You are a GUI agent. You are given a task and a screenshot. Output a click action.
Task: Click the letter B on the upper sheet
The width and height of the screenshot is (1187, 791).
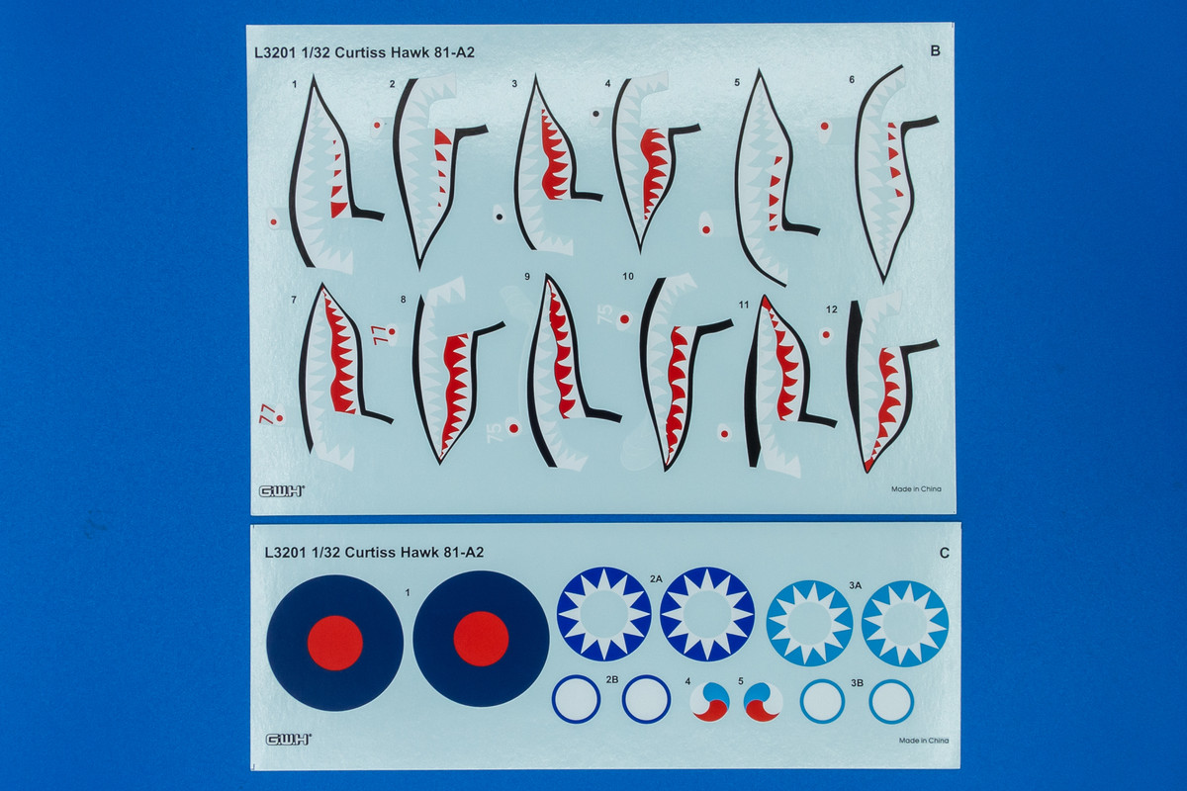(x=935, y=50)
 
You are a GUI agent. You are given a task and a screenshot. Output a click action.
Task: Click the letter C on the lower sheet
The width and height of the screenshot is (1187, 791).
(x=944, y=553)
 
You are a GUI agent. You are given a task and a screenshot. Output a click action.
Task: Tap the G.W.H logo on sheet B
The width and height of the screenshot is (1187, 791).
(x=281, y=491)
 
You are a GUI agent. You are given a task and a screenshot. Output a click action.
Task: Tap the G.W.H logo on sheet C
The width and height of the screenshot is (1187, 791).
(x=288, y=740)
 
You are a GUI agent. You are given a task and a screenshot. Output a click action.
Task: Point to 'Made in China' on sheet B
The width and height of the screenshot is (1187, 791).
(x=916, y=489)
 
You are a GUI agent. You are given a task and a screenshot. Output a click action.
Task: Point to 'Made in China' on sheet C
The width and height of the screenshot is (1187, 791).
(x=924, y=741)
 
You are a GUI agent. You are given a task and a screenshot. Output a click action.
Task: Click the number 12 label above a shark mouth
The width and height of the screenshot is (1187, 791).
(x=832, y=309)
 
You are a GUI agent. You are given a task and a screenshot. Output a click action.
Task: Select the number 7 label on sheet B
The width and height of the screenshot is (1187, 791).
(x=294, y=300)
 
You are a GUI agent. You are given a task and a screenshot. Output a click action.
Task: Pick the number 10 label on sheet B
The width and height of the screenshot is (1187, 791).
(x=628, y=276)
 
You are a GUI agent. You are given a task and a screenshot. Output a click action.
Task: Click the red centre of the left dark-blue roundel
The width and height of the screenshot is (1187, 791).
(x=335, y=644)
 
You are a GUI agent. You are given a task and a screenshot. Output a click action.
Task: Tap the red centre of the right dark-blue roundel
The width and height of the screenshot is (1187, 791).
(x=481, y=639)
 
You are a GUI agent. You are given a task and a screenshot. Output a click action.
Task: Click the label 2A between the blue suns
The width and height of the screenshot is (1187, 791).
(x=656, y=579)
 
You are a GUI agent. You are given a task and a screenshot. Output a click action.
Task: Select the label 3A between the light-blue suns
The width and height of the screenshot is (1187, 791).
(x=856, y=585)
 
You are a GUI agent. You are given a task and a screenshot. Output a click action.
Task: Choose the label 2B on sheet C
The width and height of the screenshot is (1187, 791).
(x=612, y=679)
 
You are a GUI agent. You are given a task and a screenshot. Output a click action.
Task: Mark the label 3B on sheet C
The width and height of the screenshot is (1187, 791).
(x=858, y=683)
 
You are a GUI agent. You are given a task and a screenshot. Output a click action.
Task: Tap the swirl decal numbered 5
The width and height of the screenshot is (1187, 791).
(x=763, y=703)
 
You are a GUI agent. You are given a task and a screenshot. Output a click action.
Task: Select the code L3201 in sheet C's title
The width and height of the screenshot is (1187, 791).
(x=286, y=553)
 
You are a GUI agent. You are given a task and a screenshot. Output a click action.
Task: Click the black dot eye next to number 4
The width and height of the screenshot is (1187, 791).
(x=596, y=114)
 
